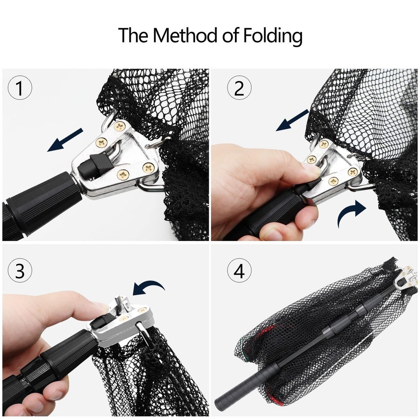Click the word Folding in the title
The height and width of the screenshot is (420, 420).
[x=273, y=36]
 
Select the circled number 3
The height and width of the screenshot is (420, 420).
[x=20, y=271]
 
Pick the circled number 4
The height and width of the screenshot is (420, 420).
[x=239, y=271]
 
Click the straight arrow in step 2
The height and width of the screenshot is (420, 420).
[x=293, y=120]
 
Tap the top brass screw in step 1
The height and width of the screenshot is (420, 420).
[x=119, y=127]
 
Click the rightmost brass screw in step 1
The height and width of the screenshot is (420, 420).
[x=149, y=167]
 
